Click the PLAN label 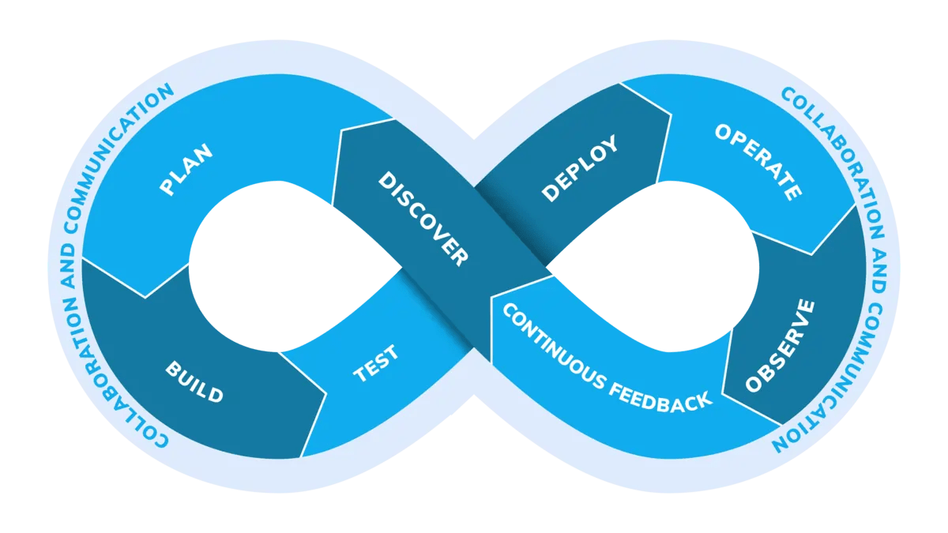click(186, 169)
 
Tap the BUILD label click(194, 381)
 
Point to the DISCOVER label click(423, 218)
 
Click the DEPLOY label click(580, 168)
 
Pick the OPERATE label click(758, 162)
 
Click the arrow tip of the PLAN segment click(145, 297)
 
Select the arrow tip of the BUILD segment click(324, 392)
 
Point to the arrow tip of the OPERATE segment click(813, 254)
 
